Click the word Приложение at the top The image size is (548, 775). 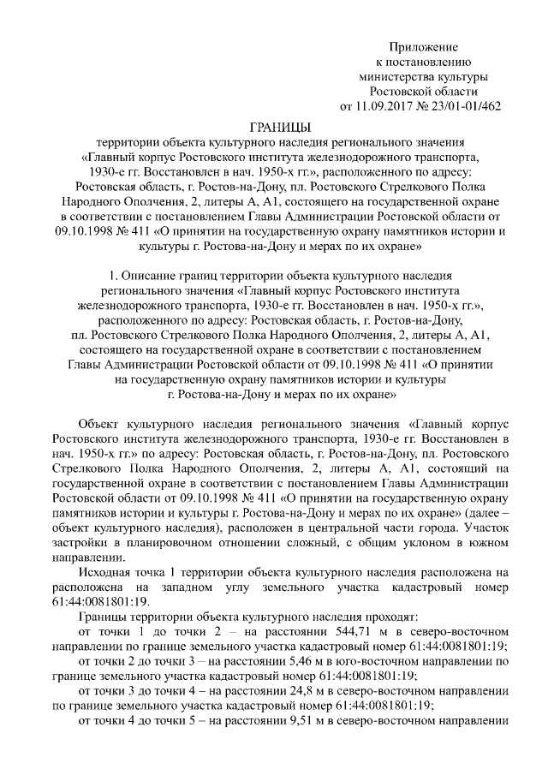click(424, 45)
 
